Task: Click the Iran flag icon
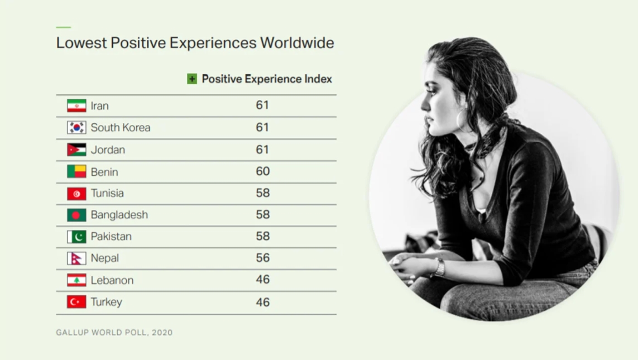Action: pos(76,105)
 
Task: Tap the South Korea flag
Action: pos(76,127)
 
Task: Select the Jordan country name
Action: pos(108,150)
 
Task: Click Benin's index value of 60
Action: pos(263,171)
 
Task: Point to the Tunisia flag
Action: pos(76,194)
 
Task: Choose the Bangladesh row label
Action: pos(119,215)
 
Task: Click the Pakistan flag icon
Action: pos(76,237)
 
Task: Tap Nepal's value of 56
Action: pos(263,258)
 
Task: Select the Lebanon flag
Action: pos(76,280)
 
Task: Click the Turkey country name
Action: pos(106,303)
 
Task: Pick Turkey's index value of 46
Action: pos(263,303)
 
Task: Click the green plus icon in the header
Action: pos(192,79)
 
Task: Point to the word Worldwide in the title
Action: pos(297,43)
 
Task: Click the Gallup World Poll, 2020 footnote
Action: pos(114,332)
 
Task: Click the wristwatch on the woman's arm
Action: pos(439,268)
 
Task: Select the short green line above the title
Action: pos(64,27)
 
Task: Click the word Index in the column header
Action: pos(318,79)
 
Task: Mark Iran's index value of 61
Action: pos(262,105)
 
